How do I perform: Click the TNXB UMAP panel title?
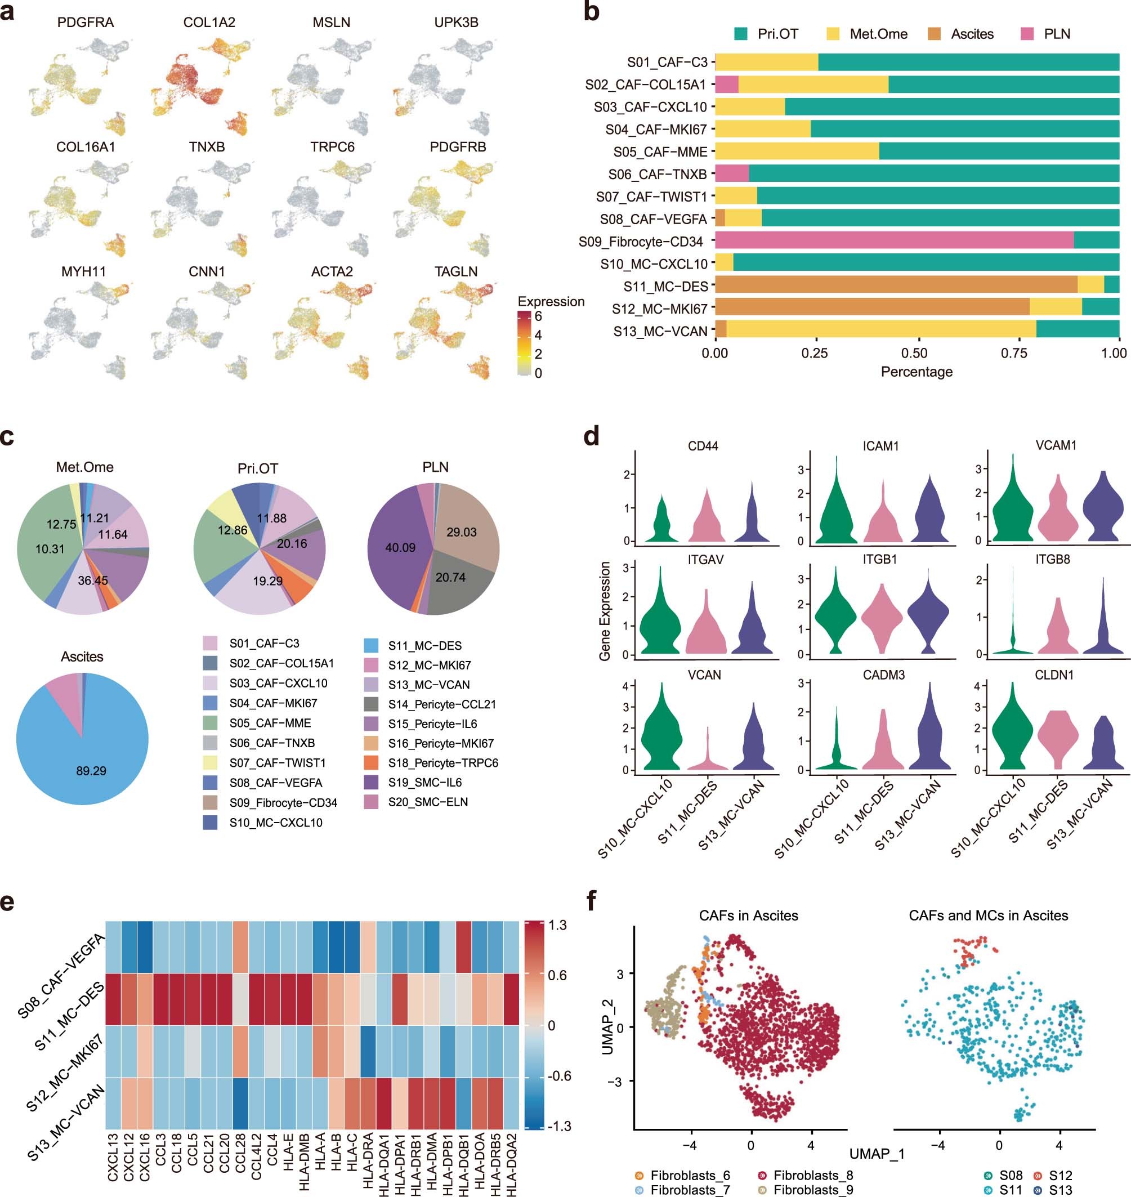(207, 147)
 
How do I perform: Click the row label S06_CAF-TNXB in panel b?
(657, 175)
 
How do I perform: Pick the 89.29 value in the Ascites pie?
(91, 771)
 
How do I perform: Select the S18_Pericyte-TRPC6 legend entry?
(443, 763)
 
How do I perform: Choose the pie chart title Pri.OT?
(257, 468)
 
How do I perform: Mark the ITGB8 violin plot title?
(1053, 560)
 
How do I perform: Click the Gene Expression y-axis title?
(605, 611)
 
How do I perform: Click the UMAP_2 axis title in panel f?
(607, 1027)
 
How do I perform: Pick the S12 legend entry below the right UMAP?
(1060, 1175)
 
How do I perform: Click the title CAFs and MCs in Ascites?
(988, 915)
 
